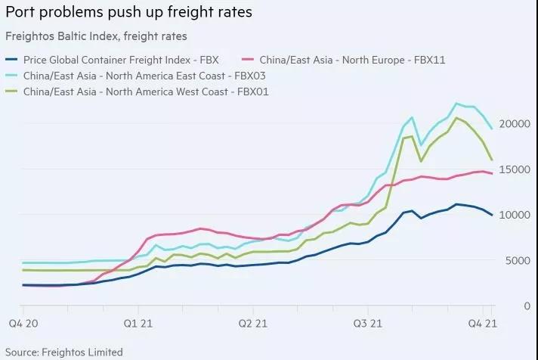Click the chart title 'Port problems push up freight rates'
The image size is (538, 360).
coord(129,14)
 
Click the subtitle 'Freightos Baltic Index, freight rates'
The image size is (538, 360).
coord(96,36)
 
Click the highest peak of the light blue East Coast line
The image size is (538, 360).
coord(456,104)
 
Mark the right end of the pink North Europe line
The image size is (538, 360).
coord(493,174)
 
